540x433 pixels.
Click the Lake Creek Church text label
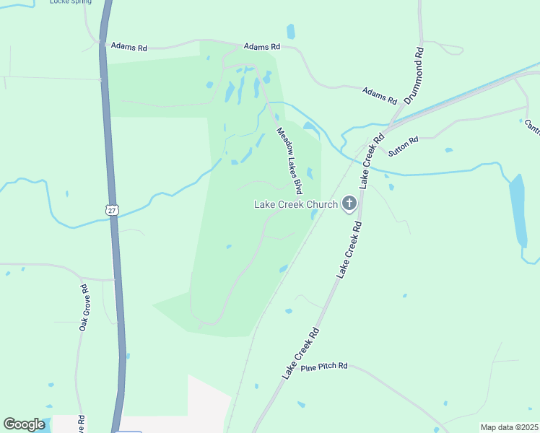295,204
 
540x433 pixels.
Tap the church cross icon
349,204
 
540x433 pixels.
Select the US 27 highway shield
110,209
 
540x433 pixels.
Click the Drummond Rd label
412,76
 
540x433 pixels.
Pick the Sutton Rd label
404,147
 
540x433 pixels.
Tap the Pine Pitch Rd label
325,367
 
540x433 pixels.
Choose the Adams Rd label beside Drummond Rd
380,94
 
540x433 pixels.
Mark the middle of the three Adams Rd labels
261,46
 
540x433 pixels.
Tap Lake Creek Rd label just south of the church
348,250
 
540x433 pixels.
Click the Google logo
24,424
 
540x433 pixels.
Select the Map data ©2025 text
509,427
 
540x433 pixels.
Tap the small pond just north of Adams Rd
291,31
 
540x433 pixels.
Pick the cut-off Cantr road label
532,127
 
